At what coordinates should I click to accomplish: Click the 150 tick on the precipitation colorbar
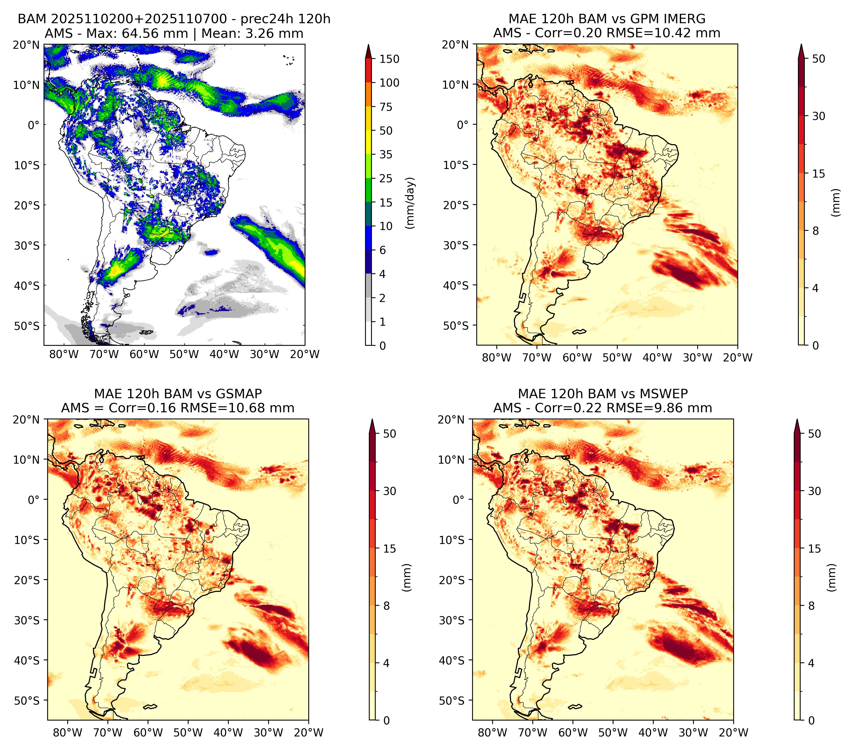(389, 59)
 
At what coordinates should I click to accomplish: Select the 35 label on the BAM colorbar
(386, 154)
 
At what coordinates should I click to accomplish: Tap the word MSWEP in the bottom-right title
(665, 394)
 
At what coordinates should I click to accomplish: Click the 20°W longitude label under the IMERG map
(737, 358)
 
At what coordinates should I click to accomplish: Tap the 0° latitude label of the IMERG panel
(462, 124)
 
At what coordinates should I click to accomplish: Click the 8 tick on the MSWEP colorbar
(811, 606)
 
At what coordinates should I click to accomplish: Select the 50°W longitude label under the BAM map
(184, 354)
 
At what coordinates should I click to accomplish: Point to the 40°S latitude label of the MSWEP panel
(452, 660)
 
